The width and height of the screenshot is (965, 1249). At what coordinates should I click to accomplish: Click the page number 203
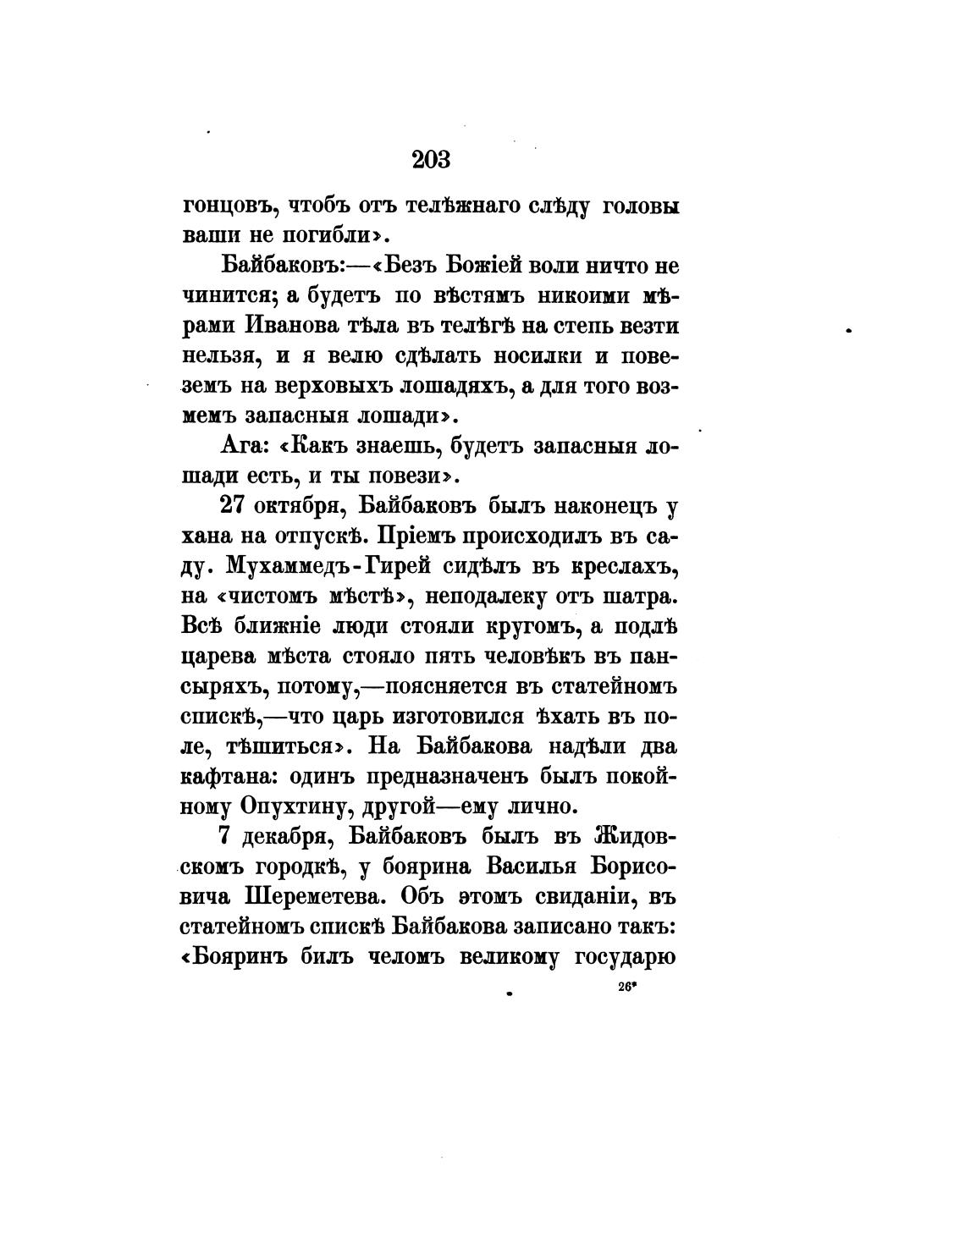point(432,159)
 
